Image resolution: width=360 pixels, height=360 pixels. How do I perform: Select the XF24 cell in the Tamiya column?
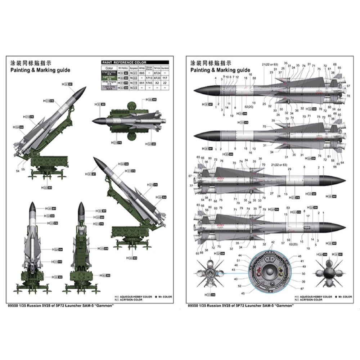[157, 72]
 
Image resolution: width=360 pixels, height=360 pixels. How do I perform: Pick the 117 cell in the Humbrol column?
[165, 77]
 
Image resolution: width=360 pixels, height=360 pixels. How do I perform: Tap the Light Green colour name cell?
[109, 77]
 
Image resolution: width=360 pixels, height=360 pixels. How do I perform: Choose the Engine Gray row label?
[109, 72]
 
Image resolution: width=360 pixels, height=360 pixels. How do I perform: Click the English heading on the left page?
[38, 70]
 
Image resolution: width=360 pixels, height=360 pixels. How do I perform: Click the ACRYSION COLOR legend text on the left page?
[133, 300]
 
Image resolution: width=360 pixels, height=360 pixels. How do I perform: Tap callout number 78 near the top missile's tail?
[348, 96]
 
